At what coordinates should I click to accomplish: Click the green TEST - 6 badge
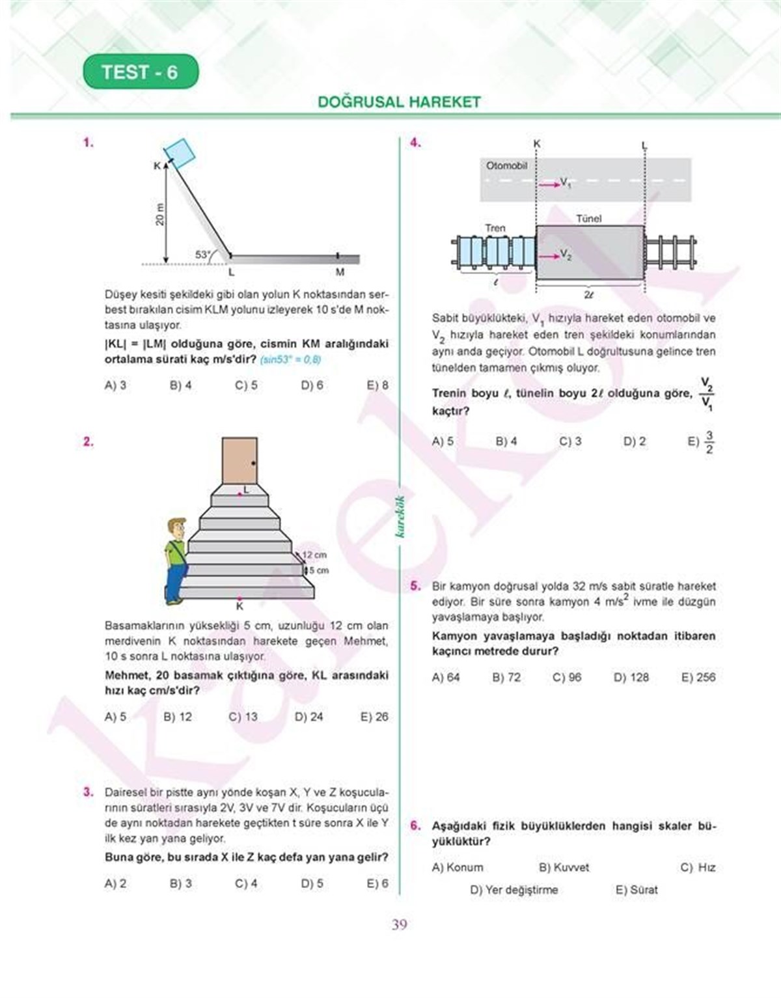[140, 72]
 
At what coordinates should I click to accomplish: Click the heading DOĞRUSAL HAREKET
[399, 102]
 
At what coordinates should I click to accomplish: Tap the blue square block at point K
[180, 152]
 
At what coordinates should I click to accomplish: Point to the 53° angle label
[202, 255]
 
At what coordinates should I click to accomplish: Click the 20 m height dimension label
[160, 214]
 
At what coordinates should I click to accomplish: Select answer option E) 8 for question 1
[377, 385]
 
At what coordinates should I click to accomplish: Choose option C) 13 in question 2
[243, 717]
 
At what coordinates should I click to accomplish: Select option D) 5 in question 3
[312, 883]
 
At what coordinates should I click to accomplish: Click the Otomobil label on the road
[506, 166]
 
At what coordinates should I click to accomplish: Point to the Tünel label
[588, 219]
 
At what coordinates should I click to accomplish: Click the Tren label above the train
[495, 228]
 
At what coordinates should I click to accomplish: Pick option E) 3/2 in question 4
[701, 442]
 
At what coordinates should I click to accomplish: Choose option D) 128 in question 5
[631, 678]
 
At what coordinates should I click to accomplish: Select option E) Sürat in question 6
[637, 890]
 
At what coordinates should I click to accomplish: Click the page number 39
[399, 924]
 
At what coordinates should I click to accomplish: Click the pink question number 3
[89, 792]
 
